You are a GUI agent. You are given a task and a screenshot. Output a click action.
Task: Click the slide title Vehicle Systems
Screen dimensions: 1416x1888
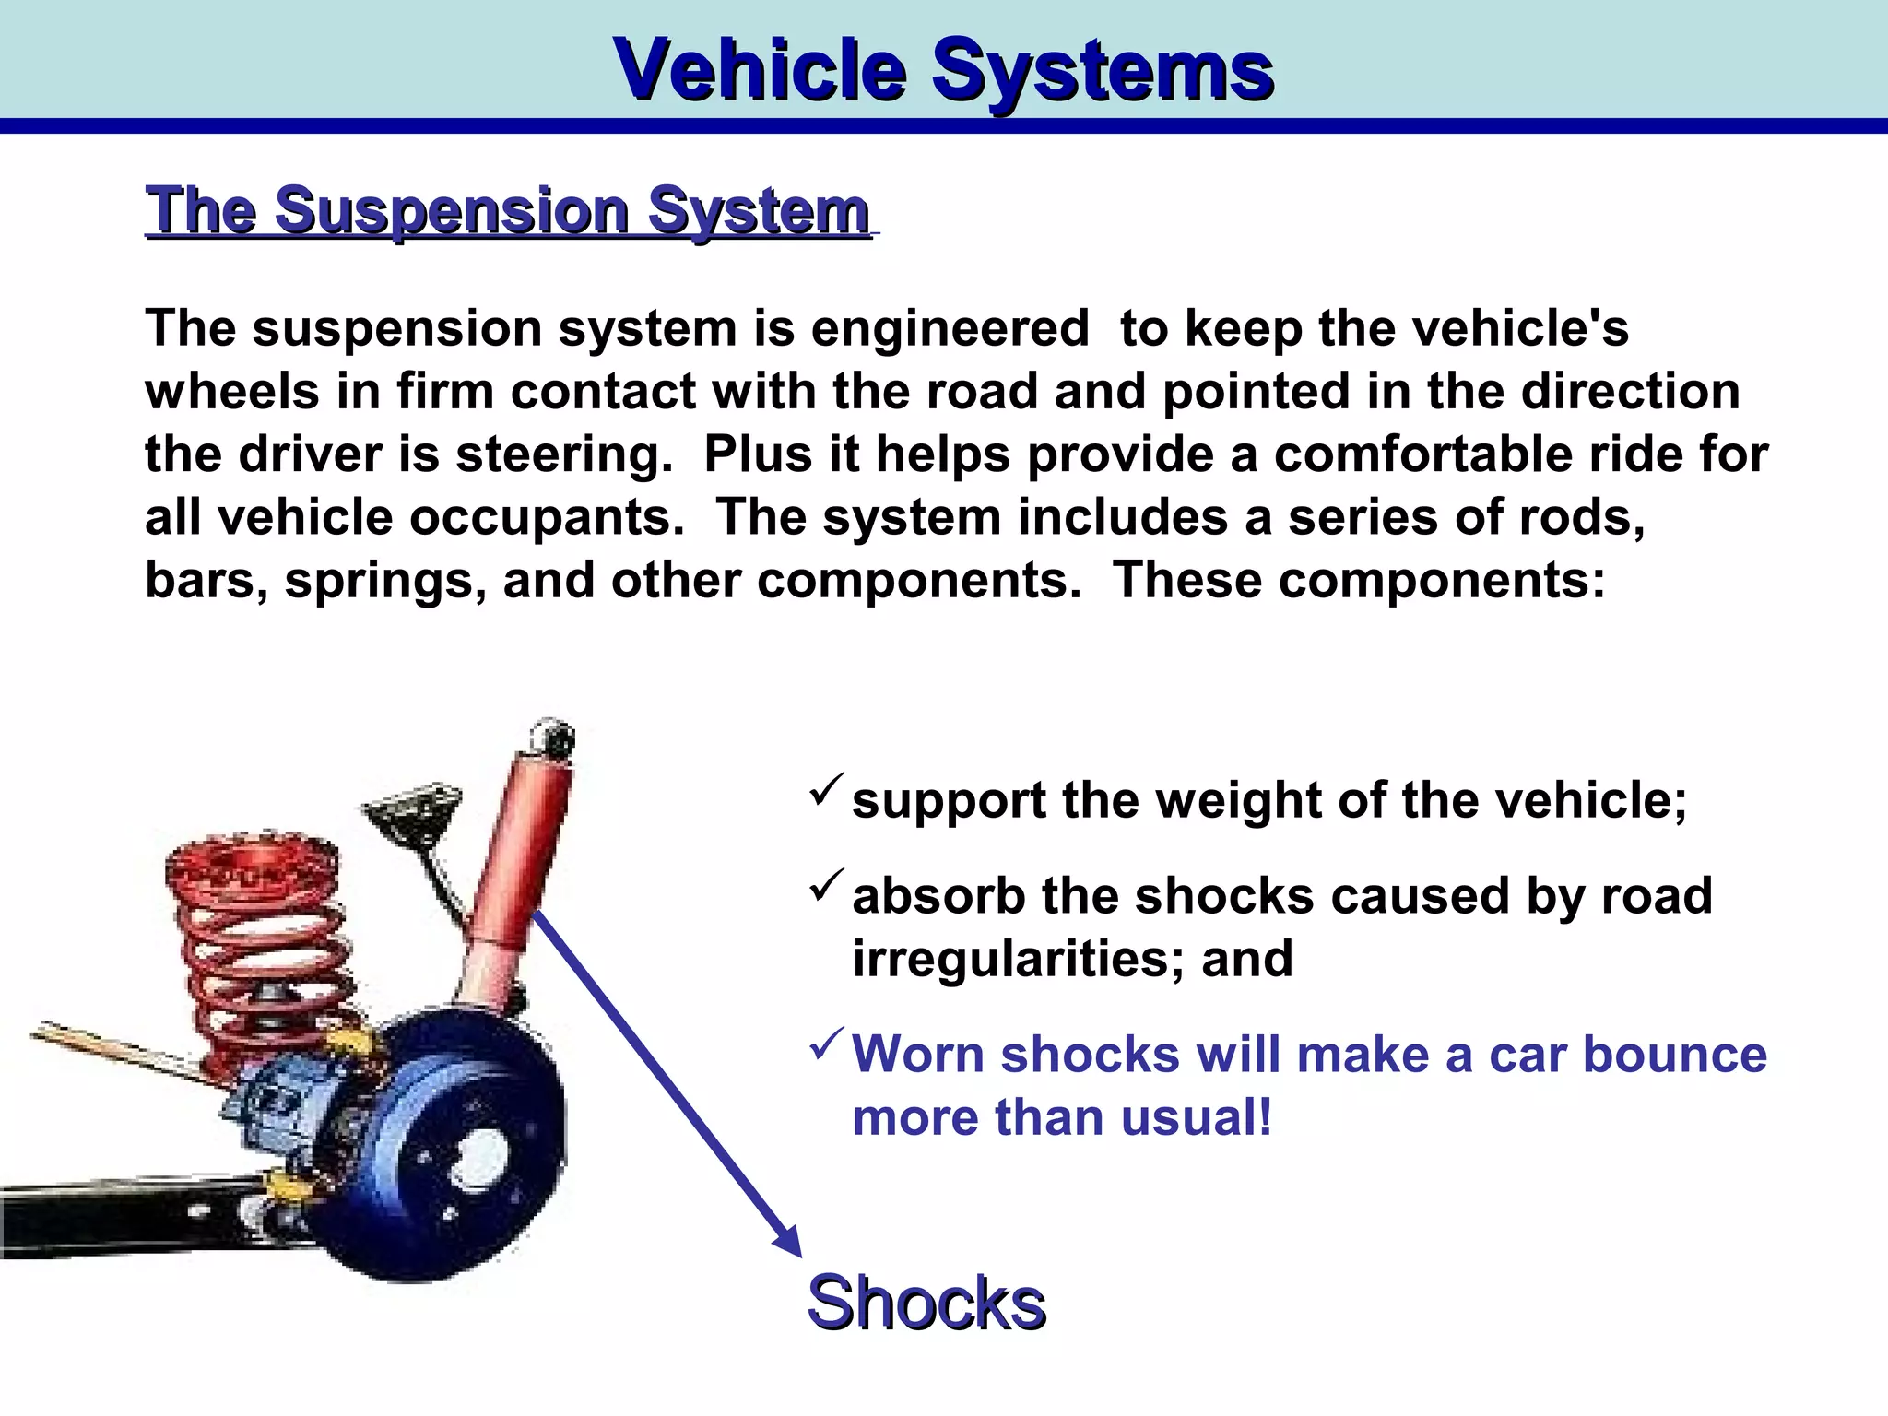pos(944,69)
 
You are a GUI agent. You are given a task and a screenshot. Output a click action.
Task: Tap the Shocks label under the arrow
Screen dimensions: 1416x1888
pos(926,1302)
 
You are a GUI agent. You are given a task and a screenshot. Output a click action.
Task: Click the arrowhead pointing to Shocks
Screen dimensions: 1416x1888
pos(789,1240)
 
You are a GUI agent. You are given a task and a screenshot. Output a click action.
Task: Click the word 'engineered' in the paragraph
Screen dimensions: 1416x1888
pos(950,329)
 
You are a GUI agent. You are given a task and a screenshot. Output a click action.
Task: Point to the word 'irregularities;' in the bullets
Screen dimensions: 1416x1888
pos(1019,959)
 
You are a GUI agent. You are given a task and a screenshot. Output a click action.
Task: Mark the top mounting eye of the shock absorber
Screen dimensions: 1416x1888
pos(550,737)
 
